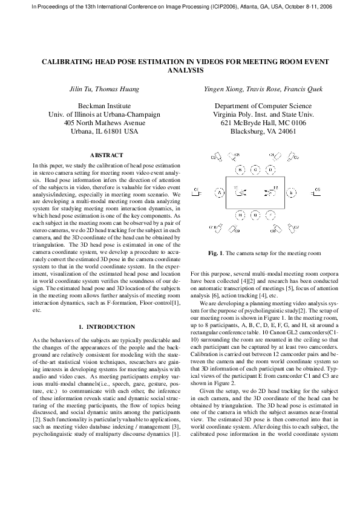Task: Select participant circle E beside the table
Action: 292,192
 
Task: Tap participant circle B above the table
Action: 240,170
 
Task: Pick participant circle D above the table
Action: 271,170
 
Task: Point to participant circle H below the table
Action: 240,215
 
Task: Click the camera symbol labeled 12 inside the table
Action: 269,192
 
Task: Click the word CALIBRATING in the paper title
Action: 73,62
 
